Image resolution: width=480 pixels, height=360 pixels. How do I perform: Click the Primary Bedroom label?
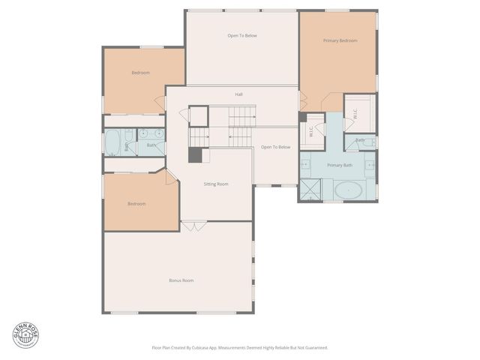340,40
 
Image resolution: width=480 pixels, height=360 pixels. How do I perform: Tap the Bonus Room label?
181,280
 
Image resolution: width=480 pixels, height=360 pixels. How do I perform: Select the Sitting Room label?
216,184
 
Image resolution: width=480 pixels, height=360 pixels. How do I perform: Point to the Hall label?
238,94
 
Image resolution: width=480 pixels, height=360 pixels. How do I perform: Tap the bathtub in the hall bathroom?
113,142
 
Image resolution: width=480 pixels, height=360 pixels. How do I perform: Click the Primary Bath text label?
340,165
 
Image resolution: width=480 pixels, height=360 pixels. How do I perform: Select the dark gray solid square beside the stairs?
195,155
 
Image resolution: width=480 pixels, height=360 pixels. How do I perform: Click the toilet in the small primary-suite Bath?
368,141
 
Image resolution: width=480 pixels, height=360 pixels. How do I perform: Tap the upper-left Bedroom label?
140,73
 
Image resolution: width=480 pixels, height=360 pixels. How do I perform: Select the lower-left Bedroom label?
136,204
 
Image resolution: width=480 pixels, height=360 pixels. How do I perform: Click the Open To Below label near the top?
242,35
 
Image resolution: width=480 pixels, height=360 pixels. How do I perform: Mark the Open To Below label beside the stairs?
275,147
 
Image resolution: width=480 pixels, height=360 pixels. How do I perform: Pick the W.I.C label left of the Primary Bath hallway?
311,133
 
